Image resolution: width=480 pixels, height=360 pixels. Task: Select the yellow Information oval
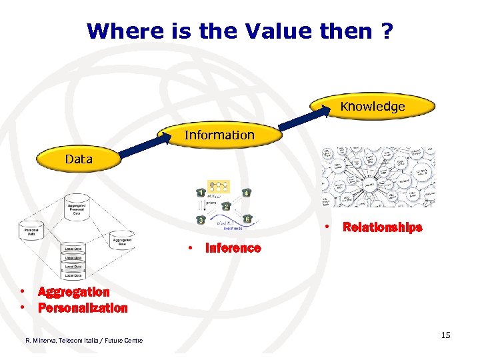click(x=219, y=135)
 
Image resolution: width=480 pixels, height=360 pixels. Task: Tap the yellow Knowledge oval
click(x=372, y=107)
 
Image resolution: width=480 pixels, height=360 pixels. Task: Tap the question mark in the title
click(x=385, y=31)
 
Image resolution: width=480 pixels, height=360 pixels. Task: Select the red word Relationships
click(x=382, y=227)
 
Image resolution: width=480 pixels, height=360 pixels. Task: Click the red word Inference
click(x=233, y=248)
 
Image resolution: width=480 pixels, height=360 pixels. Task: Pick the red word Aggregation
click(x=73, y=291)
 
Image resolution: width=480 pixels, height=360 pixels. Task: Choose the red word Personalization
click(x=82, y=308)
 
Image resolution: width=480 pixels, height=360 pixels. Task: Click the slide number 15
click(x=445, y=335)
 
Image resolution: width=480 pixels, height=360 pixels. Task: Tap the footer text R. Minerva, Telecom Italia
click(x=83, y=341)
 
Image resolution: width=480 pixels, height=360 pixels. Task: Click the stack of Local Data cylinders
click(x=73, y=262)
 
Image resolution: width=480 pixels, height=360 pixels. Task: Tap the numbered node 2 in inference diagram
click(x=226, y=206)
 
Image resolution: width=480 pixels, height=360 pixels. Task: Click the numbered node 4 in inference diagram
click(x=247, y=193)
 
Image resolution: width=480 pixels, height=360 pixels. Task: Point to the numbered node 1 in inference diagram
click(x=201, y=193)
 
